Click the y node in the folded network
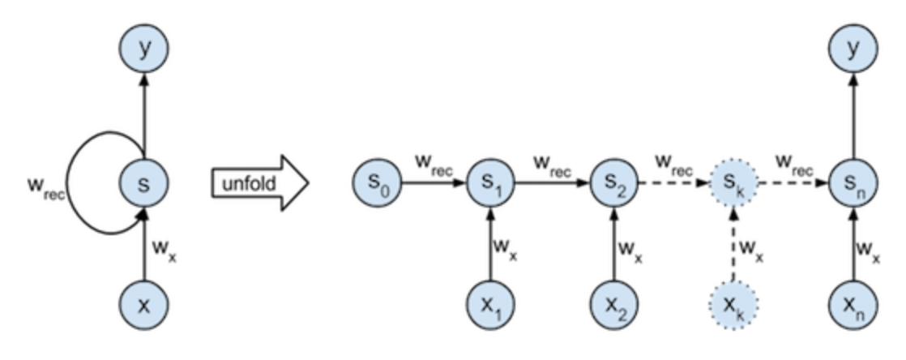click(x=143, y=50)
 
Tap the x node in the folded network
click(x=143, y=305)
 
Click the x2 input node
click(x=613, y=305)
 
